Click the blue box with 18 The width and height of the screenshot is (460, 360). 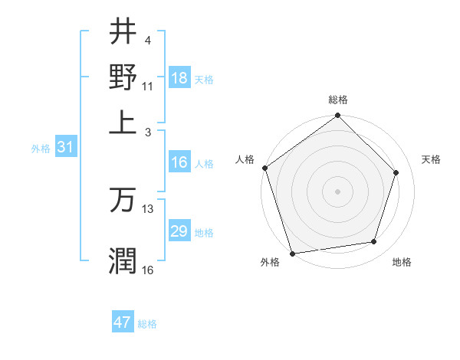tap(179, 78)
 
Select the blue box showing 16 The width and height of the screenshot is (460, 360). tap(179, 162)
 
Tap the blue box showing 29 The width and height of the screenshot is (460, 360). tap(179, 231)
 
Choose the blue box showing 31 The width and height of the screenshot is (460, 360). tap(65, 148)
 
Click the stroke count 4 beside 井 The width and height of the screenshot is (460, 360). tap(148, 41)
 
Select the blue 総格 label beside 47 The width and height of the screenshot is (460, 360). tap(147, 324)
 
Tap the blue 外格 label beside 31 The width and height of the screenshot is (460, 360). tap(40, 149)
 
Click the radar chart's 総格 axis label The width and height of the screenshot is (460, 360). tap(338, 100)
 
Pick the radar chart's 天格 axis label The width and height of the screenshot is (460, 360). tap(431, 159)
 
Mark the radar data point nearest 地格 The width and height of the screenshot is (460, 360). tap(374, 242)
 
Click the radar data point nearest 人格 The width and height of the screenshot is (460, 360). tap(265, 168)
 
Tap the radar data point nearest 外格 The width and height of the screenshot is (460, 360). tap(293, 253)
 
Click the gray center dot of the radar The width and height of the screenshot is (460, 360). tap(337, 191)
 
